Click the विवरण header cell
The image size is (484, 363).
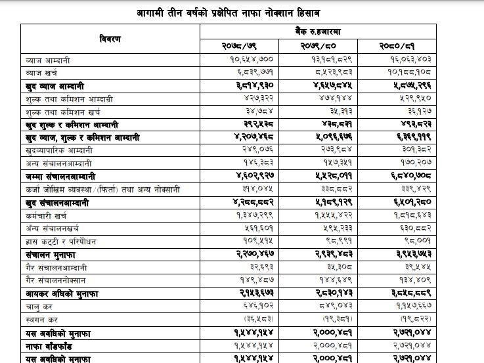coord(110,39)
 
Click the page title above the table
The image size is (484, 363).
coord(238,13)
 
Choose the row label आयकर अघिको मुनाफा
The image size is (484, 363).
coord(61,294)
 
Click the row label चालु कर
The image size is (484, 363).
coord(41,307)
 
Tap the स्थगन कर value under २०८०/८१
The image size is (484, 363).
coord(414,320)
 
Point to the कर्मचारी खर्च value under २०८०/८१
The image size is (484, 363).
coord(413,216)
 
